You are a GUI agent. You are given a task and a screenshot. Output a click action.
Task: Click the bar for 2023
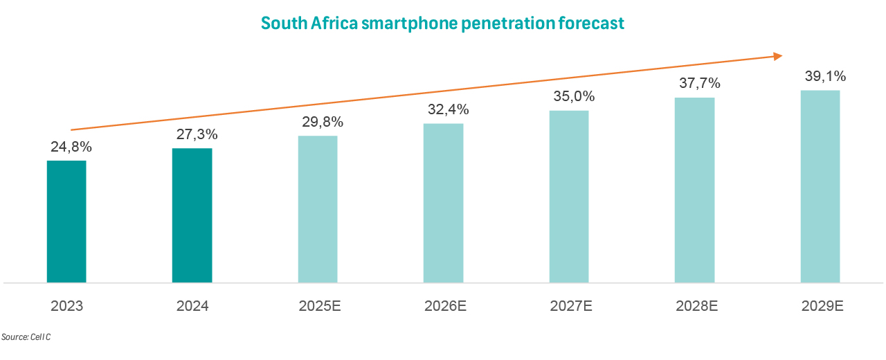(66, 222)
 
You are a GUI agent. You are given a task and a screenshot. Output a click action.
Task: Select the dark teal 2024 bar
(192, 215)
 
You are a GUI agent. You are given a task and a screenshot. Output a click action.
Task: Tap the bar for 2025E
(318, 209)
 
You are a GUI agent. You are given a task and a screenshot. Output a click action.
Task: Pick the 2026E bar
(444, 203)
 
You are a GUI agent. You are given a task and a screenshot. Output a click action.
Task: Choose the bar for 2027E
(569, 197)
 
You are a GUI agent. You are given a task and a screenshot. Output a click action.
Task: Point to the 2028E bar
(695, 190)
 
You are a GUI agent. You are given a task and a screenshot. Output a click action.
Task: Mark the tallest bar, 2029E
(820, 186)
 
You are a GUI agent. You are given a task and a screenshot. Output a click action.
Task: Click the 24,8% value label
(71, 147)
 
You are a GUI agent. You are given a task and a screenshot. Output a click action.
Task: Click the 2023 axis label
(67, 305)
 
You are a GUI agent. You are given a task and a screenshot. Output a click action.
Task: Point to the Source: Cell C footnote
(26, 337)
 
